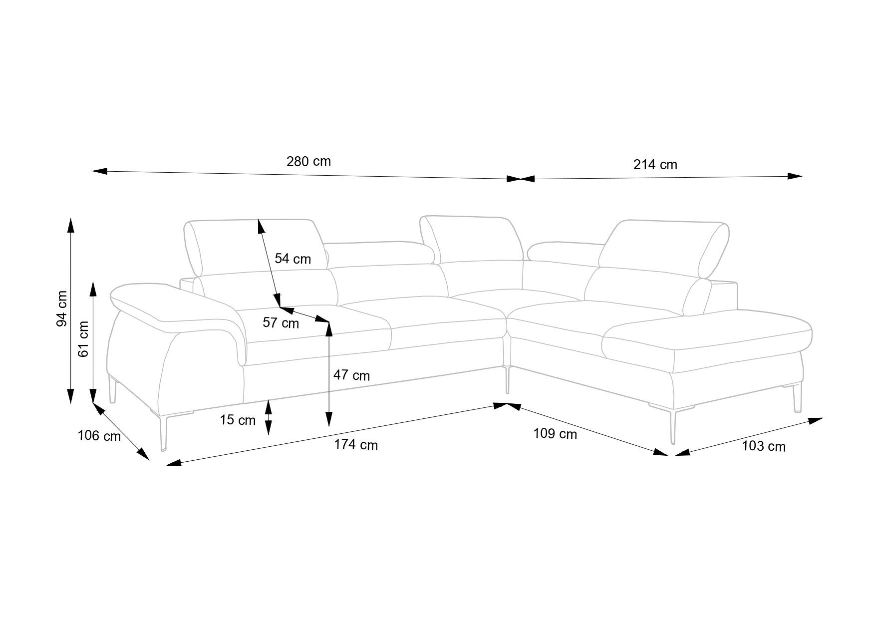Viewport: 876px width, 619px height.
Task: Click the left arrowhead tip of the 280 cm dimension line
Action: tap(92, 171)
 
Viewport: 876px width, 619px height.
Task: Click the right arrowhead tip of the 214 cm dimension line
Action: tap(802, 176)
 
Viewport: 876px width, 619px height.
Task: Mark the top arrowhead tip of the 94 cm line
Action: tap(71, 218)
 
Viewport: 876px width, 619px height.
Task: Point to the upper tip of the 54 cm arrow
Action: tap(259, 219)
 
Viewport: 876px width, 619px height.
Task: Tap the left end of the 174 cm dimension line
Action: tap(166, 465)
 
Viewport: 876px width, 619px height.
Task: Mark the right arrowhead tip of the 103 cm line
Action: tap(823, 418)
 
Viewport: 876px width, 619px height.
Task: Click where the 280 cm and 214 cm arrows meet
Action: tap(521, 179)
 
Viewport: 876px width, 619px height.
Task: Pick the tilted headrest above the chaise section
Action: tap(664, 249)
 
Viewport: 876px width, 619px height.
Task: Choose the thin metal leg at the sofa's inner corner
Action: tap(507, 380)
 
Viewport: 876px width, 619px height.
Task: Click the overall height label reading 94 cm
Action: tap(62, 309)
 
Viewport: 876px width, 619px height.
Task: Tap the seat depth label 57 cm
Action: tap(281, 323)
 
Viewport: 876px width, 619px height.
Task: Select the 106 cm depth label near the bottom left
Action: tap(99, 436)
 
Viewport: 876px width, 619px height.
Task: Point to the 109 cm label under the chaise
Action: tap(555, 434)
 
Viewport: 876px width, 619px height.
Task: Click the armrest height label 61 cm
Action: tap(83, 338)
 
